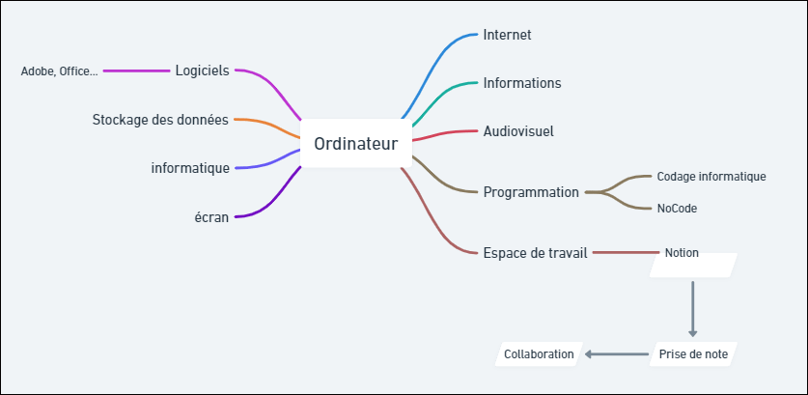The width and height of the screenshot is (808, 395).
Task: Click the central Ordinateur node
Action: [x=356, y=143]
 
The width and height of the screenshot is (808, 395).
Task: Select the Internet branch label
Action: [x=507, y=35]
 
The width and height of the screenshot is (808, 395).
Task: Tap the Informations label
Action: [x=522, y=83]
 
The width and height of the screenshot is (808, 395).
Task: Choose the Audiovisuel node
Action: [x=518, y=131]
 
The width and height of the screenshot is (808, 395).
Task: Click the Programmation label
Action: [x=531, y=192]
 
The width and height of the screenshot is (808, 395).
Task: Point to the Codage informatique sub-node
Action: [x=711, y=177]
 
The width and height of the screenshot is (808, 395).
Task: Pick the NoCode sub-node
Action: [x=677, y=209]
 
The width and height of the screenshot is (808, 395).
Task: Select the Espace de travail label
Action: [x=535, y=253]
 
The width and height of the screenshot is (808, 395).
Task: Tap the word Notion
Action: [x=682, y=253]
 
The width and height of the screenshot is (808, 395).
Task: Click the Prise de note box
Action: [x=693, y=354]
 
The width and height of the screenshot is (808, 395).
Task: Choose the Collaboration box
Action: [x=539, y=354]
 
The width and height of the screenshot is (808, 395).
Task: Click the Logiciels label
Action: [x=202, y=71]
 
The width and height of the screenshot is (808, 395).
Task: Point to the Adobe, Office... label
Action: [x=59, y=71]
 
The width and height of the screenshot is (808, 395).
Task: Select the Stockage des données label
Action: [x=160, y=120]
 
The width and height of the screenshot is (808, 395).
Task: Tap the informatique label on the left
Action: [x=190, y=168]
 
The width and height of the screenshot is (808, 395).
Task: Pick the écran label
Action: [x=211, y=217]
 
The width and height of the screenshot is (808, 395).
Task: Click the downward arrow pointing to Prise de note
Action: [x=692, y=309]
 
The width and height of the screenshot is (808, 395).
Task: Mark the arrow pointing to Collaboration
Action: [x=616, y=354]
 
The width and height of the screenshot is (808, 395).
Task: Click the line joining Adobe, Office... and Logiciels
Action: [x=136, y=71]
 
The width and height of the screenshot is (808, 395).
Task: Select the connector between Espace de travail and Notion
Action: [x=627, y=253]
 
